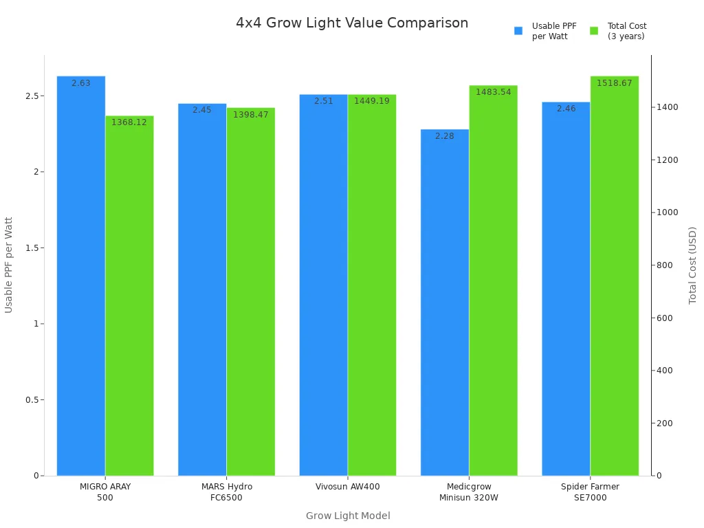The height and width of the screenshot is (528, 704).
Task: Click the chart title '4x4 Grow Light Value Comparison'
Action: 352,23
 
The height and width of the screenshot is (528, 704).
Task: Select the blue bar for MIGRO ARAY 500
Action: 81,275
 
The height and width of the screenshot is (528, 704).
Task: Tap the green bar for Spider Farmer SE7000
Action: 614,275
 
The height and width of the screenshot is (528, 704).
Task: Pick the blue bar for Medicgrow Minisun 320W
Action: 445,302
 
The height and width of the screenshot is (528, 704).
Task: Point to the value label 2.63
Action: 81,83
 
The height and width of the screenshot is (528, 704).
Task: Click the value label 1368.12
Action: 129,122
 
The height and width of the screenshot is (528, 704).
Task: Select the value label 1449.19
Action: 371,101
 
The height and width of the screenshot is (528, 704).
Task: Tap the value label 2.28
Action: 445,136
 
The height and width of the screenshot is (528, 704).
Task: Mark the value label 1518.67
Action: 614,83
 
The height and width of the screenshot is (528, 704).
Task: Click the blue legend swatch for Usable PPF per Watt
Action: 518,31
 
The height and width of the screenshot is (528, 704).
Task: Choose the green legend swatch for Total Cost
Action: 594,31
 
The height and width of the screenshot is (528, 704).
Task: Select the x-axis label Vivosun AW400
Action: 347,487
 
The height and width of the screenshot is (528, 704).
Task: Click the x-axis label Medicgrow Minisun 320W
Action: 468,492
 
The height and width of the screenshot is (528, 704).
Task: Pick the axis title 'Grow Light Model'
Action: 348,516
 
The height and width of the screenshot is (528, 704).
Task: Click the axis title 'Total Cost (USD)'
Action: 692,265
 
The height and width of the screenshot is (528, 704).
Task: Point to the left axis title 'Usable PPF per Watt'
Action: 9,265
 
